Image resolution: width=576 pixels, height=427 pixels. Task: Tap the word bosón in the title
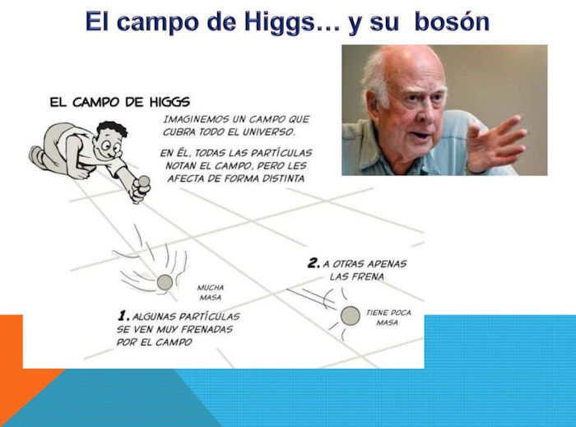click(452, 21)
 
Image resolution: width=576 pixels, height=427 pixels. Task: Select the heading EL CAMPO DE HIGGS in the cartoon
click(120, 102)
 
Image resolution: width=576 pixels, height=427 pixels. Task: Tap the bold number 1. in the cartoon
click(123, 316)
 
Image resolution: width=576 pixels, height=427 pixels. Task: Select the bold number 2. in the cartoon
click(314, 263)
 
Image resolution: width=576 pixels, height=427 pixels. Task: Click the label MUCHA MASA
click(211, 292)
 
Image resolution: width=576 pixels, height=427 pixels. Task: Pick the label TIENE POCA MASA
click(388, 318)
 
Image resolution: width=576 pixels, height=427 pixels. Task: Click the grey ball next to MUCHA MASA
click(165, 282)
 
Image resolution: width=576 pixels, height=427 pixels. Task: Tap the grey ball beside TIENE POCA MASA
click(350, 316)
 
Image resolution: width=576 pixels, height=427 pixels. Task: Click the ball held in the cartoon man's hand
click(143, 181)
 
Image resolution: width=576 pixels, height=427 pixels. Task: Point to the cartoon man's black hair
click(113, 129)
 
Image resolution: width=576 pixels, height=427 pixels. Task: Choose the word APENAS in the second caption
click(387, 263)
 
